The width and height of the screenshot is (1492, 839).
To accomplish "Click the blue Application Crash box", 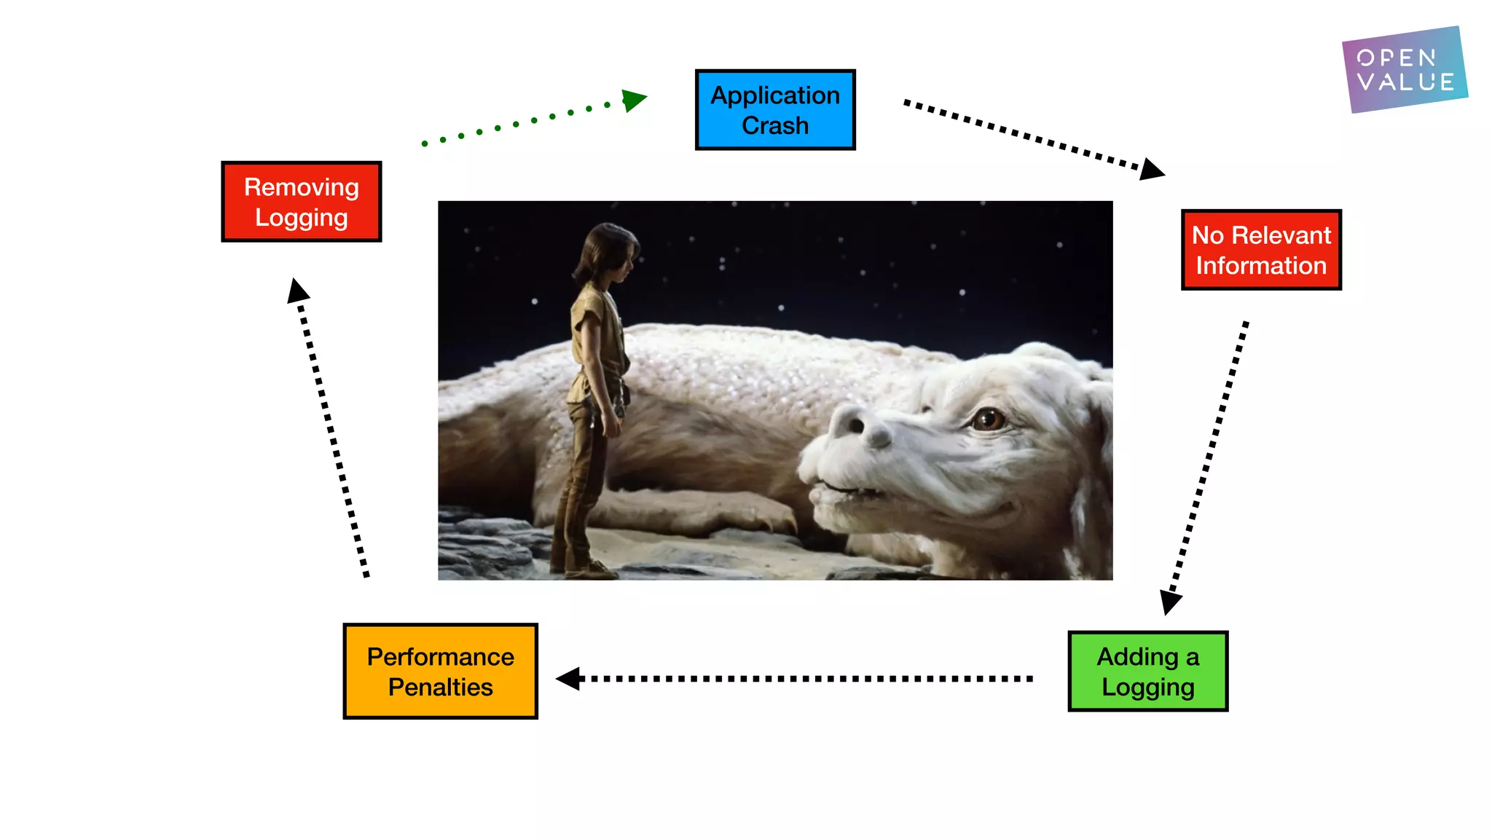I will tap(775, 110).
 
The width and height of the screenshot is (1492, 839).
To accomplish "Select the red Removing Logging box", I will tap(301, 202).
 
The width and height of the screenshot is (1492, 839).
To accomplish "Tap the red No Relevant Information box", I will tap(1261, 250).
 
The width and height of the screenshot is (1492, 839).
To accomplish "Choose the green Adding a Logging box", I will tap(1147, 671).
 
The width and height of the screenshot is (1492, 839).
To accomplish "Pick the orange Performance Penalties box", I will tap(440, 671).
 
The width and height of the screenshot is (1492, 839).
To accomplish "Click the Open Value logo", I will tap(1405, 70).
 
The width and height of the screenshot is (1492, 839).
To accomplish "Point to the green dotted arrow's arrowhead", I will tap(633, 100).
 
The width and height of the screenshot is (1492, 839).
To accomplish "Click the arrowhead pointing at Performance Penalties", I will tap(569, 679).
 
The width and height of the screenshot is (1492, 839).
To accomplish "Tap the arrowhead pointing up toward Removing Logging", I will tap(297, 291).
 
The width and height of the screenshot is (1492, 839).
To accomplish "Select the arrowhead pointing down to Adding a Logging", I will tap(1170, 602).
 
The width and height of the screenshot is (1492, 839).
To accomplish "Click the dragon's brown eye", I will tap(989, 419).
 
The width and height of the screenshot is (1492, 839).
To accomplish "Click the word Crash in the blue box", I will tap(775, 125).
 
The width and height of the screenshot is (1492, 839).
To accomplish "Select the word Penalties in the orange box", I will tap(440, 687).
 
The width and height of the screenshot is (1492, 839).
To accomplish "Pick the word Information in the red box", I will tap(1261, 266).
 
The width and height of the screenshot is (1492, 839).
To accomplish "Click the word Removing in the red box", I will tap(301, 187).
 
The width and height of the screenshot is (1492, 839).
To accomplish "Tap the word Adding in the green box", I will tap(1136, 657).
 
